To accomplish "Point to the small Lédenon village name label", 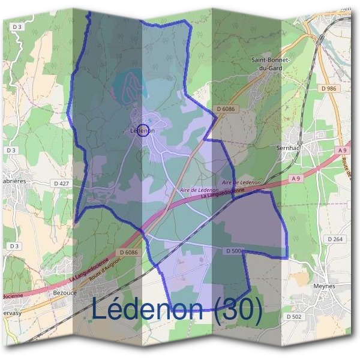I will tap(142, 130).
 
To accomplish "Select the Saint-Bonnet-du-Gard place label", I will tap(272, 64).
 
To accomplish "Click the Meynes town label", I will tap(324, 286).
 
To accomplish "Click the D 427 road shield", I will tap(62, 182).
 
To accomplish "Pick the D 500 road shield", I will tap(235, 250).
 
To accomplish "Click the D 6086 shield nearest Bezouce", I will tap(128, 253).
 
